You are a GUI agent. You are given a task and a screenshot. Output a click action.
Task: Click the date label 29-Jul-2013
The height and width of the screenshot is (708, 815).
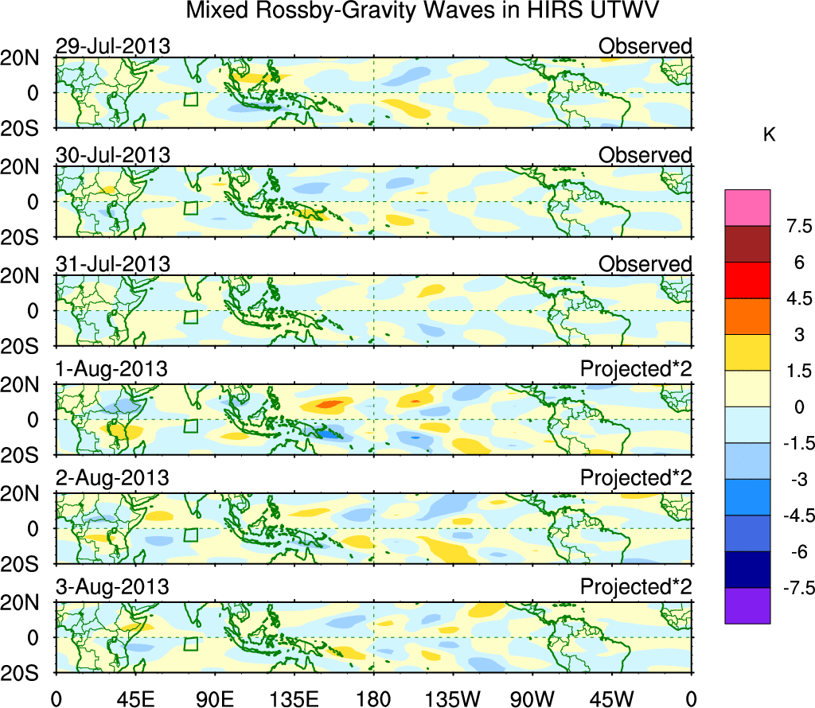coord(112,46)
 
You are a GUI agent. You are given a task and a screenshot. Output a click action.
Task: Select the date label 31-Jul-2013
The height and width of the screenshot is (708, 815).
coord(112,264)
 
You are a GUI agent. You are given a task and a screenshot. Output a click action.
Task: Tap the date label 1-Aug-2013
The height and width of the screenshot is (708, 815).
coord(111,370)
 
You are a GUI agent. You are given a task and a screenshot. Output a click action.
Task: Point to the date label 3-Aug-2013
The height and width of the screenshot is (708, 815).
coord(111,588)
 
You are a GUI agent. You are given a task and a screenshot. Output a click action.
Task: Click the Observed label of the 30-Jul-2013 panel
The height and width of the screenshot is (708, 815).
coord(645,155)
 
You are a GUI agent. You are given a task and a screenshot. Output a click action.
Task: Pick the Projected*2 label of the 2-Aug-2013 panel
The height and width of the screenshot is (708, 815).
coord(635,479)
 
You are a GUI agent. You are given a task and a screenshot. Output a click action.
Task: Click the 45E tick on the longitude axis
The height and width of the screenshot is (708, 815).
coord(135,698)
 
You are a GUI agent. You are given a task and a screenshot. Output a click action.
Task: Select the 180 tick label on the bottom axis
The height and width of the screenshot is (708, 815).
coord(373,698)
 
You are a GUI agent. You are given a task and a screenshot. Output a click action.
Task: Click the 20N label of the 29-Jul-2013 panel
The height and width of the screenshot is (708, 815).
coord(26,58)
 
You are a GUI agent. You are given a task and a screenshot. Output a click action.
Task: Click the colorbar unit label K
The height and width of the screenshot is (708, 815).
coord(769,135)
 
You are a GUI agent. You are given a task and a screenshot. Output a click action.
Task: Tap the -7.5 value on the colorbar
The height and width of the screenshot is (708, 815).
coord(790,589)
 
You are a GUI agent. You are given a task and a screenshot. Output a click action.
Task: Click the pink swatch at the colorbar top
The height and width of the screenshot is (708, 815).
coord(747,208)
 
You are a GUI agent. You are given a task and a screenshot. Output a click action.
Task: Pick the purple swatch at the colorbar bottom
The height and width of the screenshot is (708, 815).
coord(747,605)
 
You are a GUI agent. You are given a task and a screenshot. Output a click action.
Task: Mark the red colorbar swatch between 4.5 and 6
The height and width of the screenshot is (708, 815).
coord(747,280)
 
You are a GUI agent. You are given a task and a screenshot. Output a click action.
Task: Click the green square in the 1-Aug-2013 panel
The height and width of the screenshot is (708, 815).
coord(190,426)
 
